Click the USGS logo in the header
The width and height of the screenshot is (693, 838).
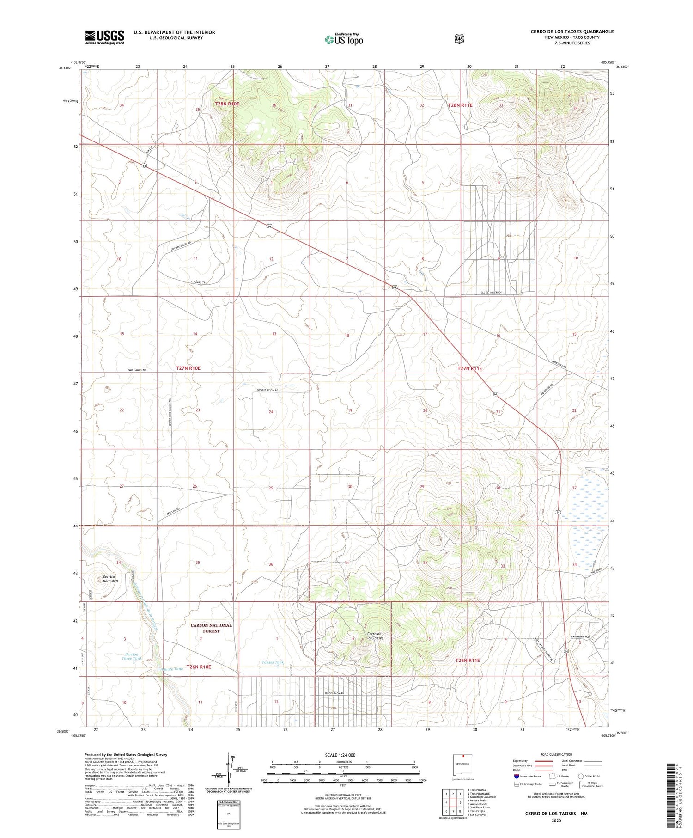point(104,37)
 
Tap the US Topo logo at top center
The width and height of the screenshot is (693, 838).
point(344,39)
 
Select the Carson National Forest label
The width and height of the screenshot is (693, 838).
point(211,628)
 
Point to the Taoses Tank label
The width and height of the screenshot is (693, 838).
point(273,662)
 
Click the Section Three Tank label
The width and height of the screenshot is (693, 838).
point(132,656)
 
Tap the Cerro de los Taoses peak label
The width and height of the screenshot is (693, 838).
point(375,636)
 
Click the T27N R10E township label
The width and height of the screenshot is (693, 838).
point(188,368)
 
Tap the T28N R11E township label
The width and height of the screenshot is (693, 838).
point(460,105)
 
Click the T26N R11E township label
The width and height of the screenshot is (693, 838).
point(468,661)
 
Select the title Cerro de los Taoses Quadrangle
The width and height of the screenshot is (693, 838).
point(572,31)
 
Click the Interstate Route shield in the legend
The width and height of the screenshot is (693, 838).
point(517,776)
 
